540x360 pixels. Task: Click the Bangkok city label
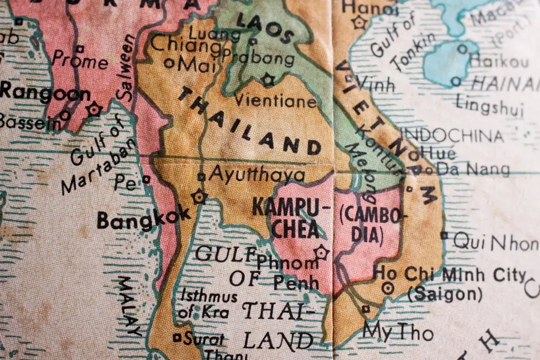point(143,219)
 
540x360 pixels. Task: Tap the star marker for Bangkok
point(199,196)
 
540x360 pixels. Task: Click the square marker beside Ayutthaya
point(202,177)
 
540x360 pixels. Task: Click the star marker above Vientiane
point(267,79)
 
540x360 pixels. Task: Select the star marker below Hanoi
point(360,22)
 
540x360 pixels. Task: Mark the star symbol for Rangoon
point(94,109)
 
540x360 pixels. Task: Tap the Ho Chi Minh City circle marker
point(387,289)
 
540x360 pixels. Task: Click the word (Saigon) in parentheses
point(445,294)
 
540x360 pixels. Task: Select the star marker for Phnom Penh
point(321,252)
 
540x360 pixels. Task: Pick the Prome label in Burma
point(80,62)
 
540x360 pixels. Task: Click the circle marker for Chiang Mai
point(169,63)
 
